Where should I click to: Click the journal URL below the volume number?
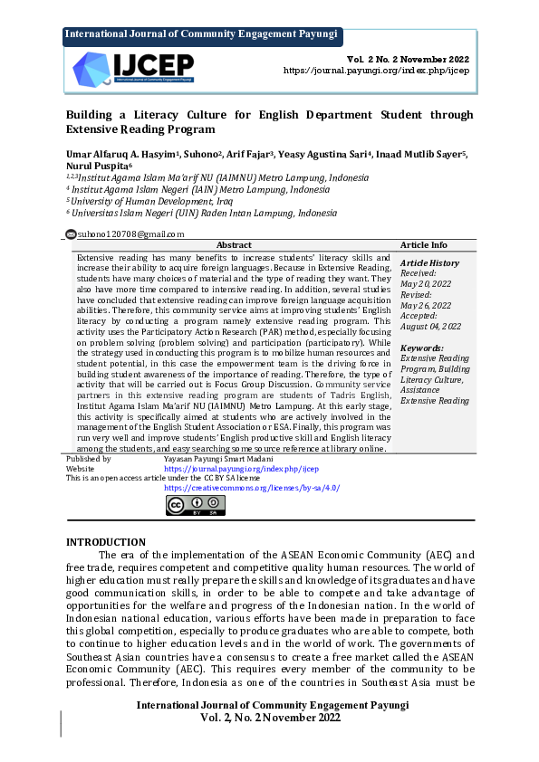(x=378, y=70)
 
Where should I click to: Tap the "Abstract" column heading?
(x=235, y=245)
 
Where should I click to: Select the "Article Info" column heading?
(x=424, y=245)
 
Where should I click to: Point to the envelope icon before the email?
(x=71, y=234)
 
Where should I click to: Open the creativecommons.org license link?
(x=252, y=488)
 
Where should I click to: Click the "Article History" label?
(x=430, y=263)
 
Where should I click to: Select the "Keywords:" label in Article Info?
(x=422, y=348)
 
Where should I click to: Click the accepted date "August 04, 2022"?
(x=431, y=327)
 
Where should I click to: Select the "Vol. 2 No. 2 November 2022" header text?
(x=409, y=58)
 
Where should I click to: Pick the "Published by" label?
(x=90, y=460)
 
